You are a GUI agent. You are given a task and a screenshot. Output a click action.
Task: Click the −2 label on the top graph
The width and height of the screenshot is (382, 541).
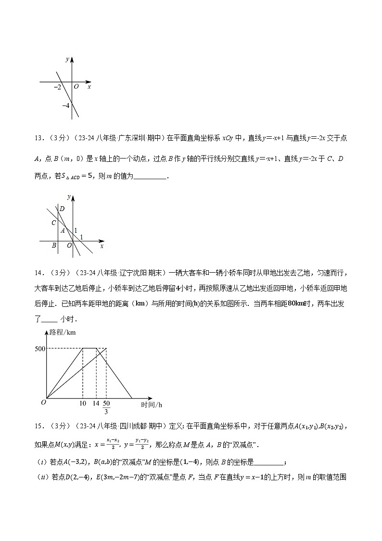point(58,87)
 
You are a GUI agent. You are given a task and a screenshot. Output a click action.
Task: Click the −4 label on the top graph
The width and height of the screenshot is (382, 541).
point(66,105)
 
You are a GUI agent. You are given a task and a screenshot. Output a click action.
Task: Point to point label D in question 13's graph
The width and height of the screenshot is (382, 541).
point(61,209)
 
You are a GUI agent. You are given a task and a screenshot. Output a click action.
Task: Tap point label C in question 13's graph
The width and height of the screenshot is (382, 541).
point(54,223)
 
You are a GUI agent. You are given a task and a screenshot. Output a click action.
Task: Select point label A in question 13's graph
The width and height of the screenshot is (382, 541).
point(63,230)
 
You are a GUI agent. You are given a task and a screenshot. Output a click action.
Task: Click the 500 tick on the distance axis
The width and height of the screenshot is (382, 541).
point(39,348)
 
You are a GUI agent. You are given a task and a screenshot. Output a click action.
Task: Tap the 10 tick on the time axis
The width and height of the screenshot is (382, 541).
point(83,403)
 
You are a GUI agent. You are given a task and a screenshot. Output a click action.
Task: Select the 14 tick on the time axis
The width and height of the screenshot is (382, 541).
point(96,403)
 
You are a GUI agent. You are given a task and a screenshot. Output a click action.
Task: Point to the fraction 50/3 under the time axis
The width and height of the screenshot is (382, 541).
point(106,407)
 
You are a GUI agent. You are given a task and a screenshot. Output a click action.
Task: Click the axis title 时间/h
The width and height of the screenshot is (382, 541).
point(151,405)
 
